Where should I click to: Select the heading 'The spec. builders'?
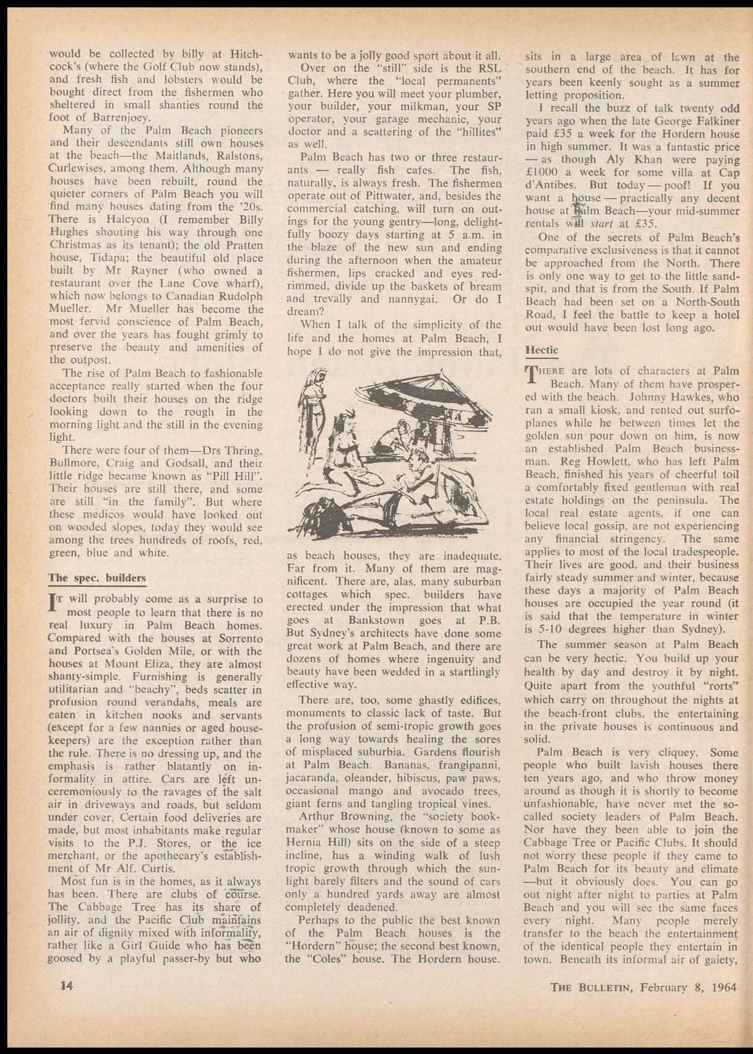pos(97,578)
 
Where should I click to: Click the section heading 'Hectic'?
pos(541,350)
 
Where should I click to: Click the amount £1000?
pos(544,172)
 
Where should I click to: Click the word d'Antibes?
pos(549,185)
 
